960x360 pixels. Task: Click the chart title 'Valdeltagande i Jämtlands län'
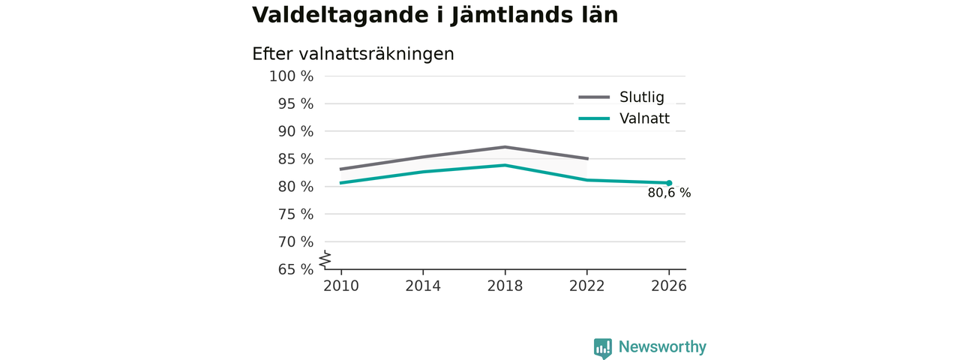[435, 16]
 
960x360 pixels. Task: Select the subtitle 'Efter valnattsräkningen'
[353, 55]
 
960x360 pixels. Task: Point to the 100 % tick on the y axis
[292, 76]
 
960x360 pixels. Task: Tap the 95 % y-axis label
[295, 103]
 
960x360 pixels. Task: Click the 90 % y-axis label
[295, 131]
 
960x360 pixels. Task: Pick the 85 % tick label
[295, 159]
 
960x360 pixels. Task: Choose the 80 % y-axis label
[295, 187]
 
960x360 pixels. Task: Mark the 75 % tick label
[295, 214]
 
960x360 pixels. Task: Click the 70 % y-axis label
[295, 242]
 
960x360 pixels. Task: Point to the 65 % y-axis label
[295, 269]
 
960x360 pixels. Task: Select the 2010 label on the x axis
[341, 286]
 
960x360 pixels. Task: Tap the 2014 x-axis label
[423, 286]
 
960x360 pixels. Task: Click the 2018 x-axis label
[505, 286]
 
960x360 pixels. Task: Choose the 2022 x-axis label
[586, 286]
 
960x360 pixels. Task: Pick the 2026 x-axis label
[668, 286]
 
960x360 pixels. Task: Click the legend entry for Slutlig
[622, 97]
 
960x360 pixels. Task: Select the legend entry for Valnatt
[624, 118]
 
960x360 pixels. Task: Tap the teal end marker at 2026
[669, 183]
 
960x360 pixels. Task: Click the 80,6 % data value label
[669, 193]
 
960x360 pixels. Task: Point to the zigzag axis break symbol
[325, 259]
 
